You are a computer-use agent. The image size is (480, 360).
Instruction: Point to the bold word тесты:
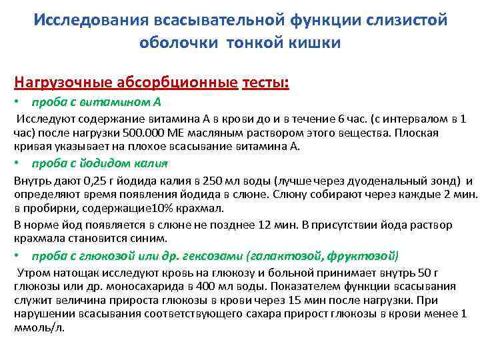pos(266,83)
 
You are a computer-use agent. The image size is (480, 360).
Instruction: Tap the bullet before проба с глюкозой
pos(17,256)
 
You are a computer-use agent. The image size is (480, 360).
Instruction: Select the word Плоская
pos(418,133)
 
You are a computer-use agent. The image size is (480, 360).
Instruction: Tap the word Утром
pos(34,273)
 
